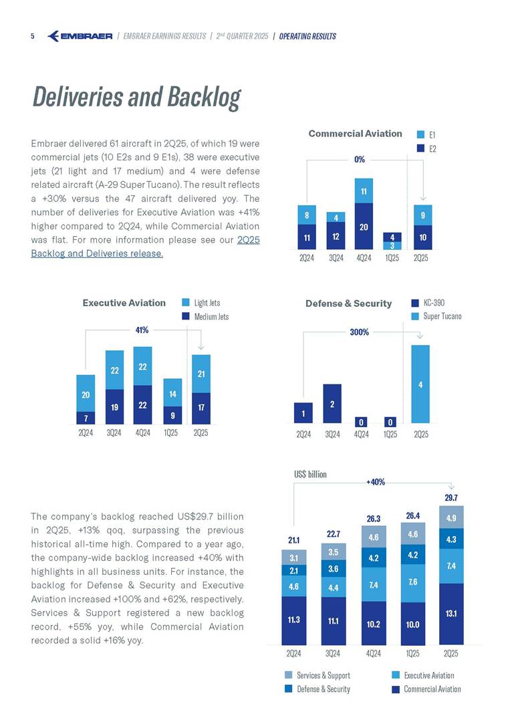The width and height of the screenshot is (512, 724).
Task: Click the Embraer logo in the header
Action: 80,36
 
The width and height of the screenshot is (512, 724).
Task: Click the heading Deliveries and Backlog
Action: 136,98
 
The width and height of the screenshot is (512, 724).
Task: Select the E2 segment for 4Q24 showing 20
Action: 364,226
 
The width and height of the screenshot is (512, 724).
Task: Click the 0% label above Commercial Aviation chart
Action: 360,159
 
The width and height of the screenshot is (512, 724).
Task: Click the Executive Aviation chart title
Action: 124,303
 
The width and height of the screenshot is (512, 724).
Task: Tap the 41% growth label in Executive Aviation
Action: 142,330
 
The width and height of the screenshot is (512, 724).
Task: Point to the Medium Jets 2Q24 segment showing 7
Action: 86,418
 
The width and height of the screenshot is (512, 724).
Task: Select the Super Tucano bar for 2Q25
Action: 420,384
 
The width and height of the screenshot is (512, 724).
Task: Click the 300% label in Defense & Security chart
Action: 359,332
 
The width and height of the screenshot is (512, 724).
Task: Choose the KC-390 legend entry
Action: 430,303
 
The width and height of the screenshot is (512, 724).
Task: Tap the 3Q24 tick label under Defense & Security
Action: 332,434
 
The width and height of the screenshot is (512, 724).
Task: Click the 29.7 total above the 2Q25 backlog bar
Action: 451,497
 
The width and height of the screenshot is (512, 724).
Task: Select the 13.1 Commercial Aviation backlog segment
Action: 451,613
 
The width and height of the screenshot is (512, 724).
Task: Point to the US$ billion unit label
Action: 310,474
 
